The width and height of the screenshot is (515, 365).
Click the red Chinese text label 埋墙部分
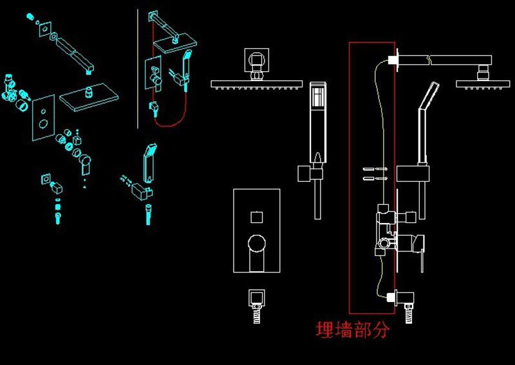click(x=352, y=330)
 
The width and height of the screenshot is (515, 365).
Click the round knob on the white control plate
click(x=257, y=243)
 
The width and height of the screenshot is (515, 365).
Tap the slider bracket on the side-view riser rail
click(x=413, y=174)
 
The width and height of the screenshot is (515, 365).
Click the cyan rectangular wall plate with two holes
click(x=44, y=117)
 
